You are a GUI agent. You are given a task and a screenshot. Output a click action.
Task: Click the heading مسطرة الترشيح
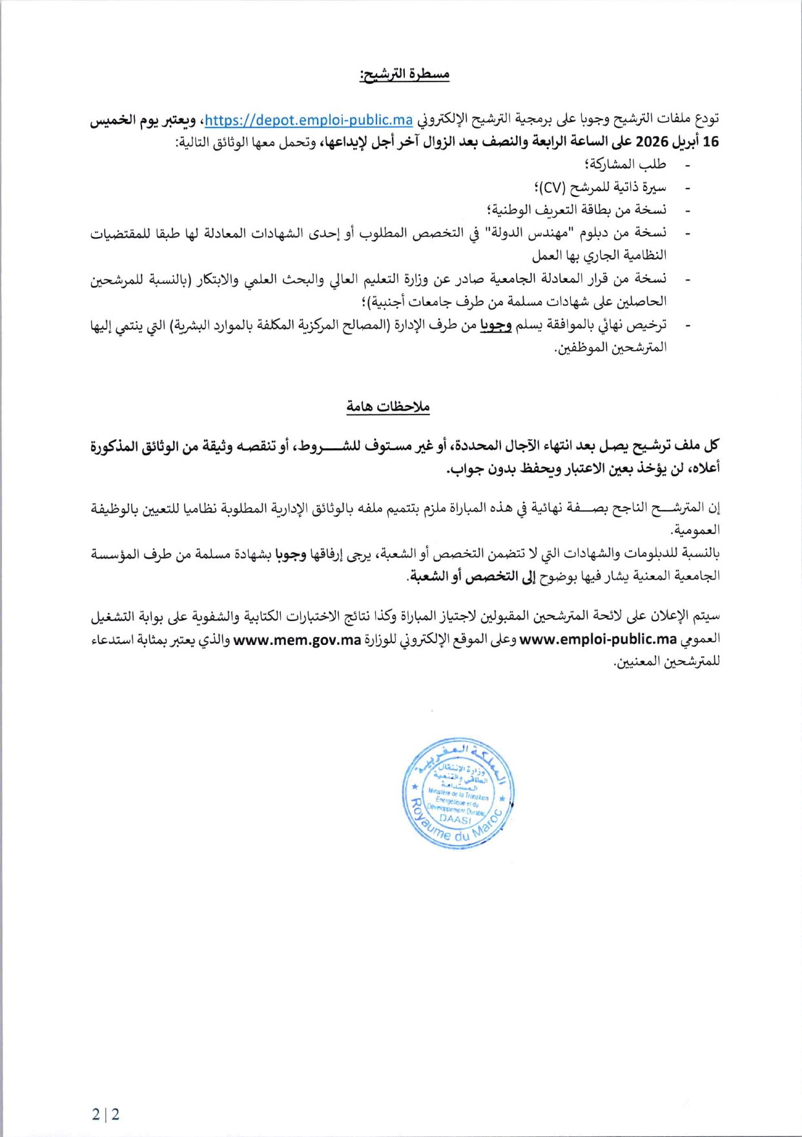(404, 74)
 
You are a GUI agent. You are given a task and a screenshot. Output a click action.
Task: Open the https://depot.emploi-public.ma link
(309, 120)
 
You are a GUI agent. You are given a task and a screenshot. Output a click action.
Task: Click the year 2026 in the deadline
(651, 142)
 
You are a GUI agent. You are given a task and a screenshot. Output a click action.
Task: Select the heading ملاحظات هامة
(387, 406)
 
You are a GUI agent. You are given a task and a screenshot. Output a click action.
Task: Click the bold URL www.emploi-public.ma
(598, 639)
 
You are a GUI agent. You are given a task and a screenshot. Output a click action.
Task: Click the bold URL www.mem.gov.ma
(296, 639)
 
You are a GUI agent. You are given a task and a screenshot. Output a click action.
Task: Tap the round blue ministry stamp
(457, 794)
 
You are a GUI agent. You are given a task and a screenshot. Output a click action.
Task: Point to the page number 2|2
(105, 1114)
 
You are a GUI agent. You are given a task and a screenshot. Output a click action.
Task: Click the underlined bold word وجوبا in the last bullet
(495, 325)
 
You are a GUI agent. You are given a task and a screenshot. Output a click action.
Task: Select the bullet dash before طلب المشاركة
(688, 166)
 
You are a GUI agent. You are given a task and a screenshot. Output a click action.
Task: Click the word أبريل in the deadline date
(686, 142)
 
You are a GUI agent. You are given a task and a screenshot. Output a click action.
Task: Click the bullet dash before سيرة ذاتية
(688, 189)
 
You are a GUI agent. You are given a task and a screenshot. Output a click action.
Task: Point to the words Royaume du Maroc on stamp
(452, 830)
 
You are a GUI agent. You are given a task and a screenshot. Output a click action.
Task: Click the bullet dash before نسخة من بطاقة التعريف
(688, 211)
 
